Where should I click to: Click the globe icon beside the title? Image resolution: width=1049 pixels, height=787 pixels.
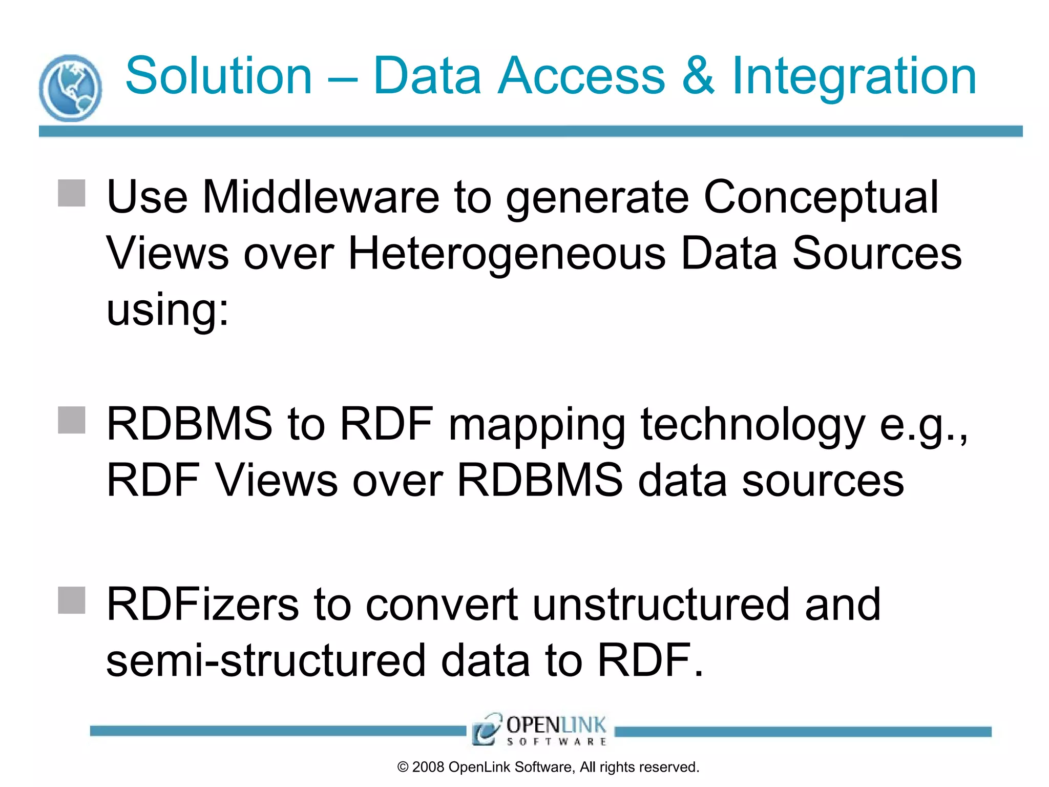click(70, 88)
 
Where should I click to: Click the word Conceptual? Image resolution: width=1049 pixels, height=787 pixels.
click(821, 199)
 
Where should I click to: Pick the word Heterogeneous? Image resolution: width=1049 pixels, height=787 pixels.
click(507, 254)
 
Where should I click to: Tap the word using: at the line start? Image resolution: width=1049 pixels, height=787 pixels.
click(167, 310)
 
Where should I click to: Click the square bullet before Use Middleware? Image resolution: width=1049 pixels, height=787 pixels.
click(72, 193)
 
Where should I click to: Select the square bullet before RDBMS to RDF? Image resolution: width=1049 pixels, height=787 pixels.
click(72, 420)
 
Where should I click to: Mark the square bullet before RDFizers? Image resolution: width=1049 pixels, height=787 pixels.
click(72, 600)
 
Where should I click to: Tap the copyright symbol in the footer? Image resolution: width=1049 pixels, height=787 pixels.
click(403, 768)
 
